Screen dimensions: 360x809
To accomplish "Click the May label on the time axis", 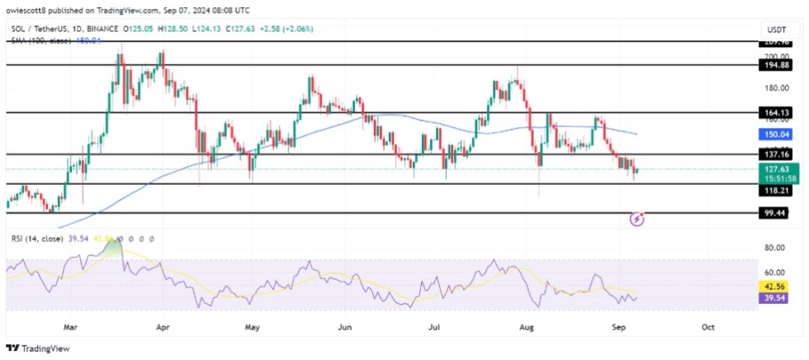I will (x=251, y=327).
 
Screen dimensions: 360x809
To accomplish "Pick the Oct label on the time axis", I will (x=707, y=327).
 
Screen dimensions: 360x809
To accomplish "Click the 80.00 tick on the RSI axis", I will (x=774, y=248).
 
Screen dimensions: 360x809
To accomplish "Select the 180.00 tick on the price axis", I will (x=774, y=88).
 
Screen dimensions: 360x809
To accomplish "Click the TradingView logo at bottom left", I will (x=39, y=348).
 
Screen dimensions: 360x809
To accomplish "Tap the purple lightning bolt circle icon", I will (x=637, y=220).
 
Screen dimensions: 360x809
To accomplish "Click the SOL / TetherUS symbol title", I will (x=40, y=27).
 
